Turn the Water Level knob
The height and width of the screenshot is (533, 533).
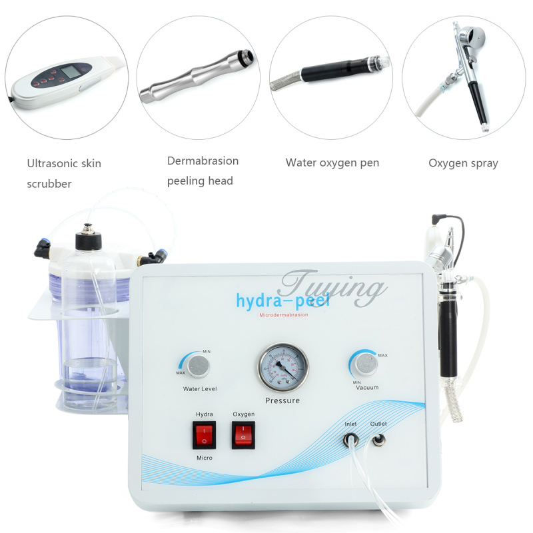[197, 365]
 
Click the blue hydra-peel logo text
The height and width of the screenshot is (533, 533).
[282, 300]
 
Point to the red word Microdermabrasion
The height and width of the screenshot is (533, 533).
[284, 315]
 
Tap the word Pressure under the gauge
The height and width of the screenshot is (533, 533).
[282, 400]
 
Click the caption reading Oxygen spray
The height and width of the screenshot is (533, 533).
[463, 163]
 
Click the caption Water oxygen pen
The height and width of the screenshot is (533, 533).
[332, 163]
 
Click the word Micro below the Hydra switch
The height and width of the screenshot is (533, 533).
[204, 458]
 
